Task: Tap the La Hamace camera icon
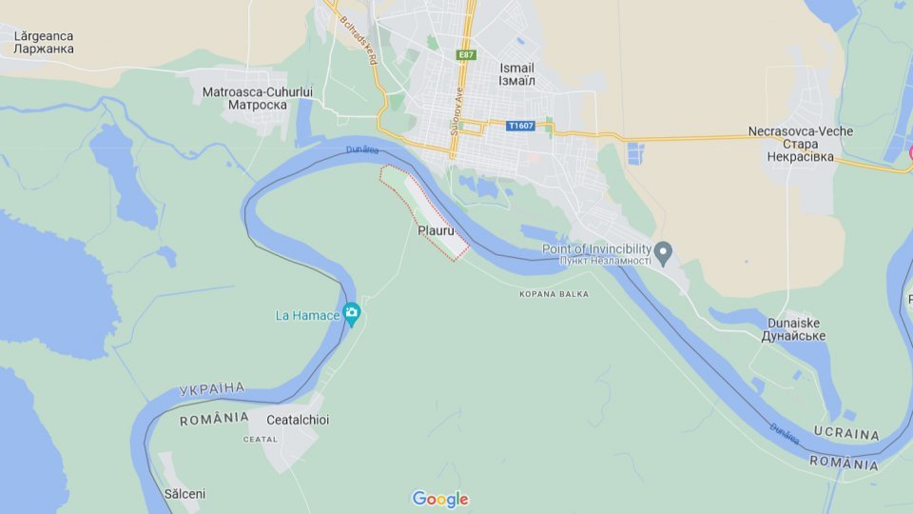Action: (x=352, y=313)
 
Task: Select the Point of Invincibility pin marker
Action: (x=664, y=252)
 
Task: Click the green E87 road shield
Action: (x=466, y=55)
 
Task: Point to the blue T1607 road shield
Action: (x=521, y=126)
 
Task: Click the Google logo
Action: (x=439, y=499)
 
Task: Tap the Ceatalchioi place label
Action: (x=298, y=420)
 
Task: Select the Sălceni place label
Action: (x=185, y=494)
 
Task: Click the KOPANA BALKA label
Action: (x=554, y=294)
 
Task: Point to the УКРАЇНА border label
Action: (x=211, y=389)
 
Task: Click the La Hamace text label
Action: (x=307, y=315)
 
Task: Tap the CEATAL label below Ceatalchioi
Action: (x=260, y=439)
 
